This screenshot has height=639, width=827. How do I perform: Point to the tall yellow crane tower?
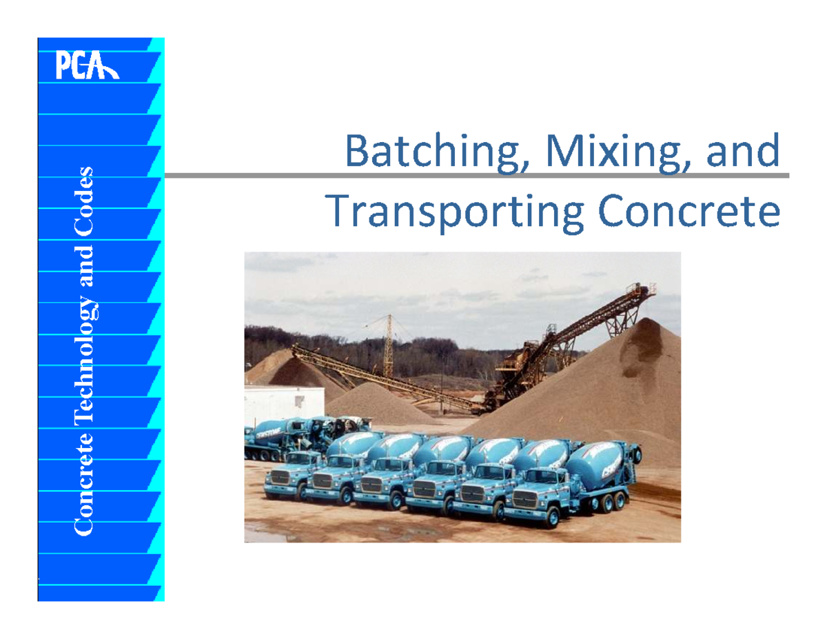(389, 345)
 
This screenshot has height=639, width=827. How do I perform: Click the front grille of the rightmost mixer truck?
(523, 500)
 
